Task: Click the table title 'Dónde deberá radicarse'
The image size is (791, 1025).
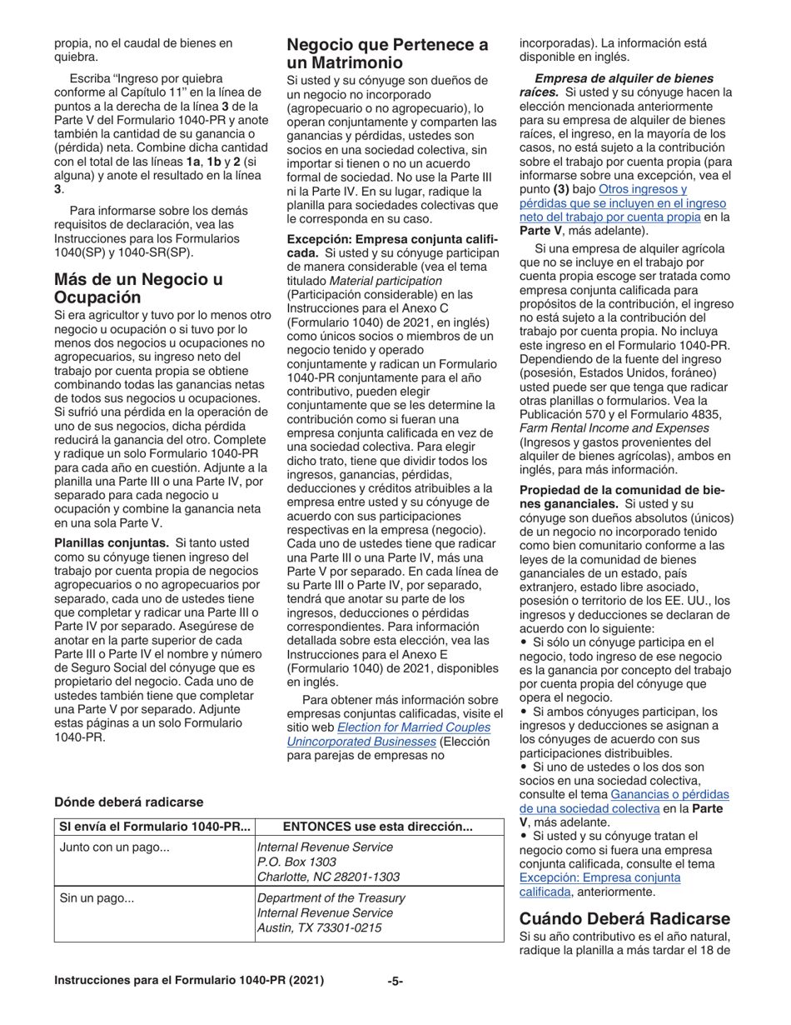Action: pyautogui.click(x=128, y=802)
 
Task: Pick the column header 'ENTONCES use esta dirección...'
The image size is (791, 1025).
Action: pyautogui.click(x=378, y=827)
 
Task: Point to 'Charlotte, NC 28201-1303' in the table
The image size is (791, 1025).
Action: pyautogui.click(x=328, y=877)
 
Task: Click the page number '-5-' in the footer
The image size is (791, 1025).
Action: pyautogui.click(x=395, y=982)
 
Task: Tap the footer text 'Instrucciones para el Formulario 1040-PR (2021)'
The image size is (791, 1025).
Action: pyautogui.click(x=189, y=982)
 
